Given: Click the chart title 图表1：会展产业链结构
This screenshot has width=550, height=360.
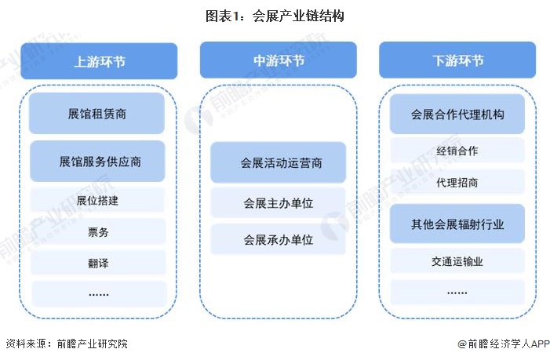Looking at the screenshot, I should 275,15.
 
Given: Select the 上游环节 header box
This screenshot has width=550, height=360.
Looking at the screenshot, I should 98,60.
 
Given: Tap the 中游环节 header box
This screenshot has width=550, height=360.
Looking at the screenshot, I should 278,60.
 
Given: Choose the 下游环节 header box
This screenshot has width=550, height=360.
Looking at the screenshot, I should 457,60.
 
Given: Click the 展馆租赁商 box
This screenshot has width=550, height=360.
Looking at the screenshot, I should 98,114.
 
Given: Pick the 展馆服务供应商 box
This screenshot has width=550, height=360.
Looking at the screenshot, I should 98,162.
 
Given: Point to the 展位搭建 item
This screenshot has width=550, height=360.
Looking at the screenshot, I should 98,200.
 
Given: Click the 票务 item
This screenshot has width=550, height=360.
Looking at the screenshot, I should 98,231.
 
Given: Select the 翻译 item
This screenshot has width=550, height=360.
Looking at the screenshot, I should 98,263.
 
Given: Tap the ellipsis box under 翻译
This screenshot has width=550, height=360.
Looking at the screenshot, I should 98,293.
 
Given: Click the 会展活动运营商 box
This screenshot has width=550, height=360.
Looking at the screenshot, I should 278,162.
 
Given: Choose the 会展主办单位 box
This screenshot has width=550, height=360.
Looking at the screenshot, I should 278,203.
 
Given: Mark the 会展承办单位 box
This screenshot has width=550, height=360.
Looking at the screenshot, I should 278,239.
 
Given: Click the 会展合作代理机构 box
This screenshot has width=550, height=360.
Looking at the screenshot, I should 457,115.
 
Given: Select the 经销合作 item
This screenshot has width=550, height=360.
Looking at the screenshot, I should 457,151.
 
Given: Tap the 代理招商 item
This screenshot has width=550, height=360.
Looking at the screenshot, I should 457,182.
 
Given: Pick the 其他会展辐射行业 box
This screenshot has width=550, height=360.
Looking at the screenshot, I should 457,225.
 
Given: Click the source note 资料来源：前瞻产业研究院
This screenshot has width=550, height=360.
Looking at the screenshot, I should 67,344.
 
